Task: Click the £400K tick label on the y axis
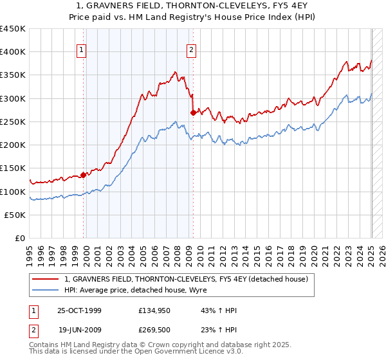coord(13,52)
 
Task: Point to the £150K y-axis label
coord(13,168)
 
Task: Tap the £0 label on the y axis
coord(21,239)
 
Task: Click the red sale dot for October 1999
coord(84,175)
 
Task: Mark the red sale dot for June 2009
coord(192,113)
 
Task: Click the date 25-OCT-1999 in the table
coord(79,310)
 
